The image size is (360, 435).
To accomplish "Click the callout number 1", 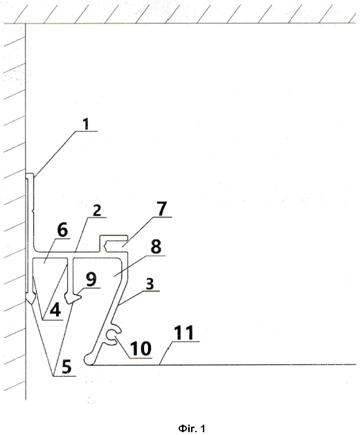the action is click(87, 124).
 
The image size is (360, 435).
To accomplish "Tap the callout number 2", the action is click(97, 211).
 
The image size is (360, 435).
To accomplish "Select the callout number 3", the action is click(150, 284).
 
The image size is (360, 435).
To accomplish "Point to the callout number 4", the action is click(55, 310).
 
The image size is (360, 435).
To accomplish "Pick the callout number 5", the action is click(66, 366).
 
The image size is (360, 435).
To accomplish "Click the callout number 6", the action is click(62, 230).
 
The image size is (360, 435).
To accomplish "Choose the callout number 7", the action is click(162, 208).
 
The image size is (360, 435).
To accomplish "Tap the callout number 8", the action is click(156, 247).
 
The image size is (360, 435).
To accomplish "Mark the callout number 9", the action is click(91, 279).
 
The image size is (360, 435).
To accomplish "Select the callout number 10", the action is click(141, 348).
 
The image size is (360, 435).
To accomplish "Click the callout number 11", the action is click(184, 332).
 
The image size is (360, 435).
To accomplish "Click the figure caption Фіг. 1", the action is click(192, 428).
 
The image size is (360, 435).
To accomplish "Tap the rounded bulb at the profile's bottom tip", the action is click(89, 359).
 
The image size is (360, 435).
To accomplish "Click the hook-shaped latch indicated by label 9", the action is click(73, 299).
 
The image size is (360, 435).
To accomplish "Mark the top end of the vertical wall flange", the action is click(30, 175).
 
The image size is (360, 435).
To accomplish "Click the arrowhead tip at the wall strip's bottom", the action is click(30, 303).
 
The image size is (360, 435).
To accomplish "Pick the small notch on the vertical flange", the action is click(33, 212).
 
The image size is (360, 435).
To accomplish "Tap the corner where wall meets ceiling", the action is click(26, 24).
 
